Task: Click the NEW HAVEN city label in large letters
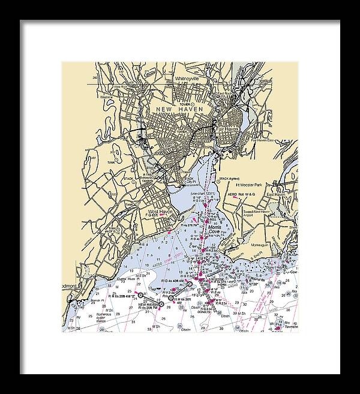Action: [180, 109]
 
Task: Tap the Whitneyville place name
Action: [190, 78]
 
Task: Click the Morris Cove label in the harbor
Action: [215, 228]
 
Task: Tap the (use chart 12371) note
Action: [204, 194]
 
